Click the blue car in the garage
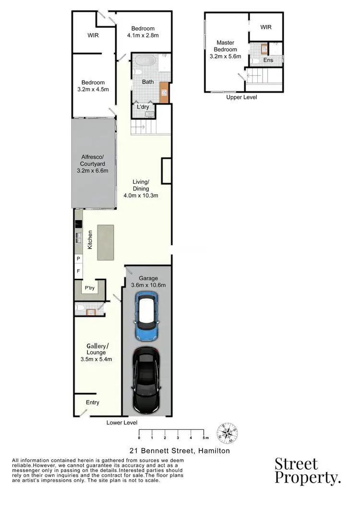pyautogui.click(x=148, y=316)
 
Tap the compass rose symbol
pyautogui.click(x=227, y=433)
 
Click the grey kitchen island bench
pyautogui.click(x=106, y=242)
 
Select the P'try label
pyautogui.click(x=90, y=288)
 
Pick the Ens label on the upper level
pyautogui.click(x=268, y=60)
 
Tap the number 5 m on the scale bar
pyautogui.click(x=205, y=438)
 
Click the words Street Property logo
pyautogui.click(x=307, y=471)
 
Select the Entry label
pyautogui.click(x=92, y=402)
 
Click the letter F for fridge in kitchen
pyautogui.click(x=78, y=271)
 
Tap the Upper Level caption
pyautogui.click(x=241, y=97)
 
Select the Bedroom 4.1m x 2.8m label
pyautogui.click(x=143, y=32)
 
